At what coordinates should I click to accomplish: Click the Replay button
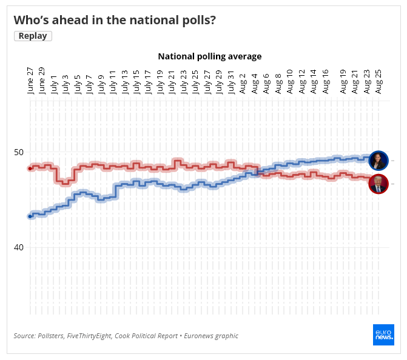(33, 36)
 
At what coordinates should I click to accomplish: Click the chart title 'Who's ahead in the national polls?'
(115, 19)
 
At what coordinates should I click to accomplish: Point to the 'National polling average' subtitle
(209, 56)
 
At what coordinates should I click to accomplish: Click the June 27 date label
(30, 80)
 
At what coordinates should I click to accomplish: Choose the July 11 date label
(113, 82)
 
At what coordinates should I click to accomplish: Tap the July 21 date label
(172, 82)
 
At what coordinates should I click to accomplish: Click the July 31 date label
(231, 82)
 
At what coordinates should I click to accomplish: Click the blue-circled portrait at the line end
(378, 161)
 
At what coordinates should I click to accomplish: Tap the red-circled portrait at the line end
(378, 184)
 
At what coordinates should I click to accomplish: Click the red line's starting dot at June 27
(30, 168)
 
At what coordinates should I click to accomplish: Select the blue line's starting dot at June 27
(30, 216)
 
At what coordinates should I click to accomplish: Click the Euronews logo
(383, 335)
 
